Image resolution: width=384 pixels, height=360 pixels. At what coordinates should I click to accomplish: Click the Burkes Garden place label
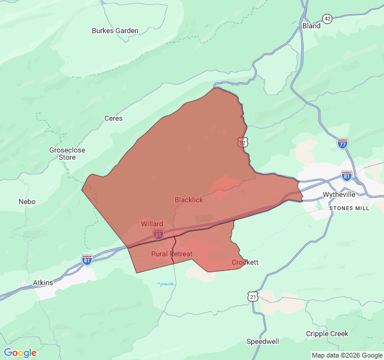[x=115, y=31]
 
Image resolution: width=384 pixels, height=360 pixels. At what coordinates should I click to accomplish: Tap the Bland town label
[x=311, y=26]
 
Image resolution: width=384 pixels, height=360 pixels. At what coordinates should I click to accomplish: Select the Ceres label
[x=113, y=118]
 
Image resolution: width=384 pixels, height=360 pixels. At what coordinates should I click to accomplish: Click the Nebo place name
[x=27, y=202]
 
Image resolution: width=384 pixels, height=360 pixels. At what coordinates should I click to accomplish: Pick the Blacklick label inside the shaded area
[x=188, y=200]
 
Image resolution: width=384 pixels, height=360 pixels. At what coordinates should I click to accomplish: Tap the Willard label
[x=152, y=224]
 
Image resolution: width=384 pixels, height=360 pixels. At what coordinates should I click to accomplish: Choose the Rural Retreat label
[x=172, y=254]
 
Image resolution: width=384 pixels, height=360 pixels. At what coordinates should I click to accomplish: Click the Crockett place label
[x=245, y=262]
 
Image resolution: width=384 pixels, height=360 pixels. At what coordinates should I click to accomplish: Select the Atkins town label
[x=43, y=283]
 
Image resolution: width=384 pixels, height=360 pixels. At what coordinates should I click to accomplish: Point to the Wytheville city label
[x=339, y=195]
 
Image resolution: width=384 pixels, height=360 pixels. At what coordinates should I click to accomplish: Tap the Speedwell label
[x=263, y=341]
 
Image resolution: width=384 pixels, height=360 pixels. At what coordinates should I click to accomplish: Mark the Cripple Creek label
[x=326, y=334]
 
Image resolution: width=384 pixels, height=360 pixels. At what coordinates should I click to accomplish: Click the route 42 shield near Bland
[x=327, y=19]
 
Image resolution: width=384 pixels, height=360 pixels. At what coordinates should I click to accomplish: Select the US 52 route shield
[x=241, y=142]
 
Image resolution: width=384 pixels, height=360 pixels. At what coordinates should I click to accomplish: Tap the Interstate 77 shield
[x=342, y=143]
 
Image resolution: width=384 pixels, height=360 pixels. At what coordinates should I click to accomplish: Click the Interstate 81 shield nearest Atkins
[x=87, y=259]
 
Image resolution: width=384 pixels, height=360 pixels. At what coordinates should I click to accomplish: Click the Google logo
[x=20, y=353]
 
